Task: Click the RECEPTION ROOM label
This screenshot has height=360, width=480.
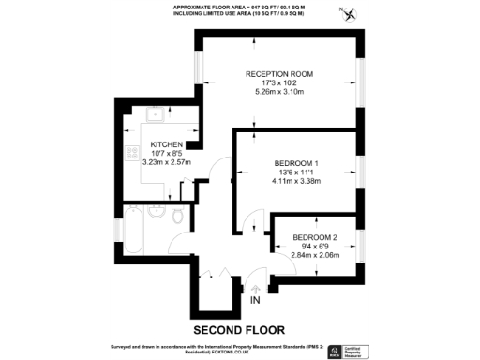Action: pos(278,74)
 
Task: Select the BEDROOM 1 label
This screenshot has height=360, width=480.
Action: pos(295,163)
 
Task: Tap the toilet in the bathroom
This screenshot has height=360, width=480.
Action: pos(177,217)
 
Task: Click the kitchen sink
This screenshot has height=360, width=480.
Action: pos(154,119)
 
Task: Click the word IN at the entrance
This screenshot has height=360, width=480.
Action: pos(255,300)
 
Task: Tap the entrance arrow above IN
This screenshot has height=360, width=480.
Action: pos(255,287)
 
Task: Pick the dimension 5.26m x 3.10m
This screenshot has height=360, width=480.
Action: pos(278,92)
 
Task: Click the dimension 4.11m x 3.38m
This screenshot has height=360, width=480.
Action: pos(295,181)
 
